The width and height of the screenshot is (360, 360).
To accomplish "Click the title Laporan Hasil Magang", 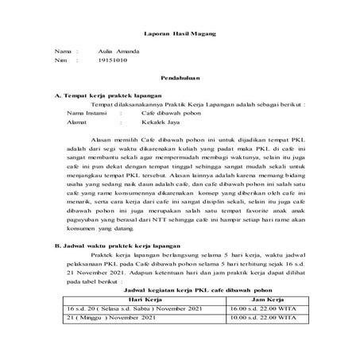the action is tap(180, 35).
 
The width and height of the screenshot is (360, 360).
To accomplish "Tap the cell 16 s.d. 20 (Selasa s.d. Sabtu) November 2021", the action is tap(128, 332).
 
